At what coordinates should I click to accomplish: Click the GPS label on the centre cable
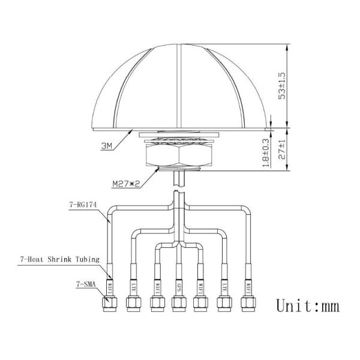(x=178, y=283)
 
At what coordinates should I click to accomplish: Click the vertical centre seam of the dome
(x=178, y=84)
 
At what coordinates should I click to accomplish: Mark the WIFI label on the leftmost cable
(x=110, y=283)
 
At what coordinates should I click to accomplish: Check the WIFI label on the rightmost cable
(x=246, y=283)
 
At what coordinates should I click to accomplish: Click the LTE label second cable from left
(x=133, y=283)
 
